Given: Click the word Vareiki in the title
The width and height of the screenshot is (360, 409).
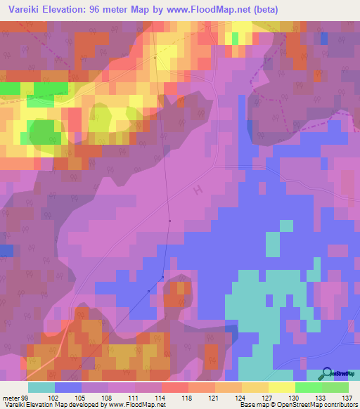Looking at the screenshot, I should pos(20,10).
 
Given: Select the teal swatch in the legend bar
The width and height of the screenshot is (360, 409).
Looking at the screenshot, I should pos(41,387).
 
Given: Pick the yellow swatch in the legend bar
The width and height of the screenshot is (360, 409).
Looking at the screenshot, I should pos(282,387).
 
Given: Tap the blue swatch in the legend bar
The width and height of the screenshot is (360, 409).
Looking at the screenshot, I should pos(68,387).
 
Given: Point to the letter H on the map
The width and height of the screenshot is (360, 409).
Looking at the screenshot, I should pos(198,189).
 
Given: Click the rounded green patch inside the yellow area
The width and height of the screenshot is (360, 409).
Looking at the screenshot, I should pos(45,131).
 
